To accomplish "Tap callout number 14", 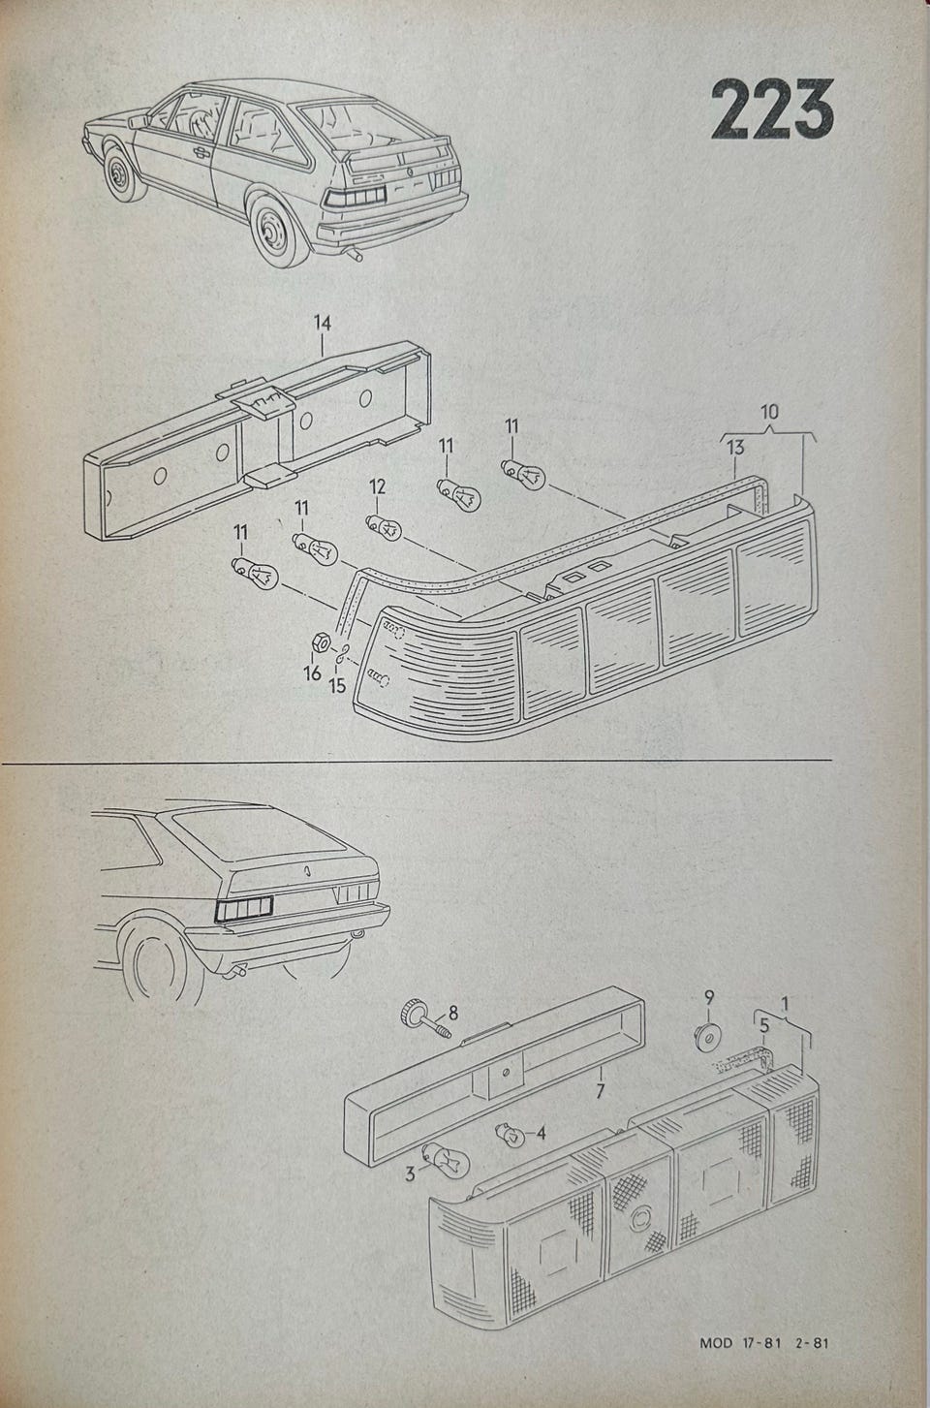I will (323, 323).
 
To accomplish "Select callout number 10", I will (768, 411).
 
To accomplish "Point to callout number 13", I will (735, 447).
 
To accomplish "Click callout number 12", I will (376, 486).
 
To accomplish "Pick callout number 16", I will (312, 673).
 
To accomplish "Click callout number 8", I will (452, 1015).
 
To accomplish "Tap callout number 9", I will (708, 996).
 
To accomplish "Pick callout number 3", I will (411, 1173).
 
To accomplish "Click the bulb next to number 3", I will (446, 1157).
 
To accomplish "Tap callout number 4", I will (541, 1131).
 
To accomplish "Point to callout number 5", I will (763, 1024).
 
